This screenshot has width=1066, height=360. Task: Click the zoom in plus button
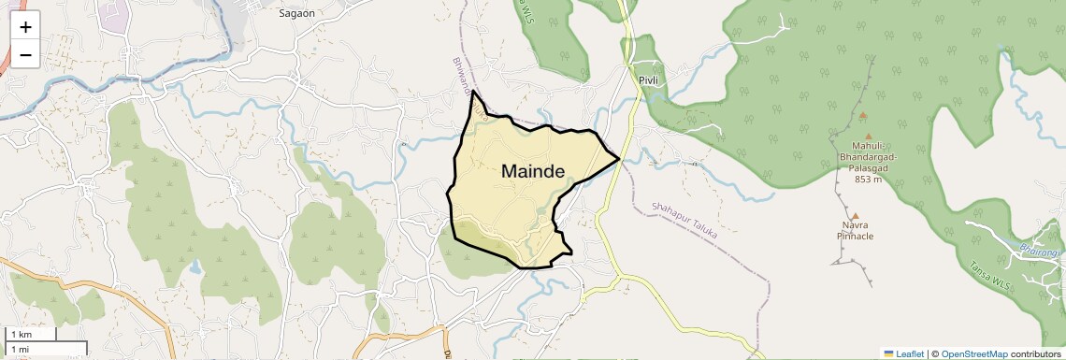tap(25, 27)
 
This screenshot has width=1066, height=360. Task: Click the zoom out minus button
tap(25, 54)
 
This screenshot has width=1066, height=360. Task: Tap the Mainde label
tap(533, 171)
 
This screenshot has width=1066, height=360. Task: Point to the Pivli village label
tap(649, 80)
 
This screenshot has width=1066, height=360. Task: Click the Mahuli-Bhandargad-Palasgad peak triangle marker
tap(863, 116)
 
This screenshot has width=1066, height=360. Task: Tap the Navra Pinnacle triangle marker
tap(855, 216)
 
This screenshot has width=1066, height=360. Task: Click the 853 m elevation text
tap(868, 180)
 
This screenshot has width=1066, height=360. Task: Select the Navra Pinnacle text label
tap(855, 231)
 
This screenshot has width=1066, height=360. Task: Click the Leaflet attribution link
tap(903, 353)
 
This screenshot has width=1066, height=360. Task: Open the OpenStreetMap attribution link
tap(974, 353)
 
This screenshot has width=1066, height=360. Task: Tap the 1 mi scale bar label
tap(20, 349)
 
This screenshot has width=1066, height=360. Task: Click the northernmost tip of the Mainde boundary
tap(473, 92)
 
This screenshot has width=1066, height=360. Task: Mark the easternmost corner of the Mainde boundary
tap(621, 159)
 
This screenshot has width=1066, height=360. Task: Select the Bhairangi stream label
tap(1039, 249)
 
